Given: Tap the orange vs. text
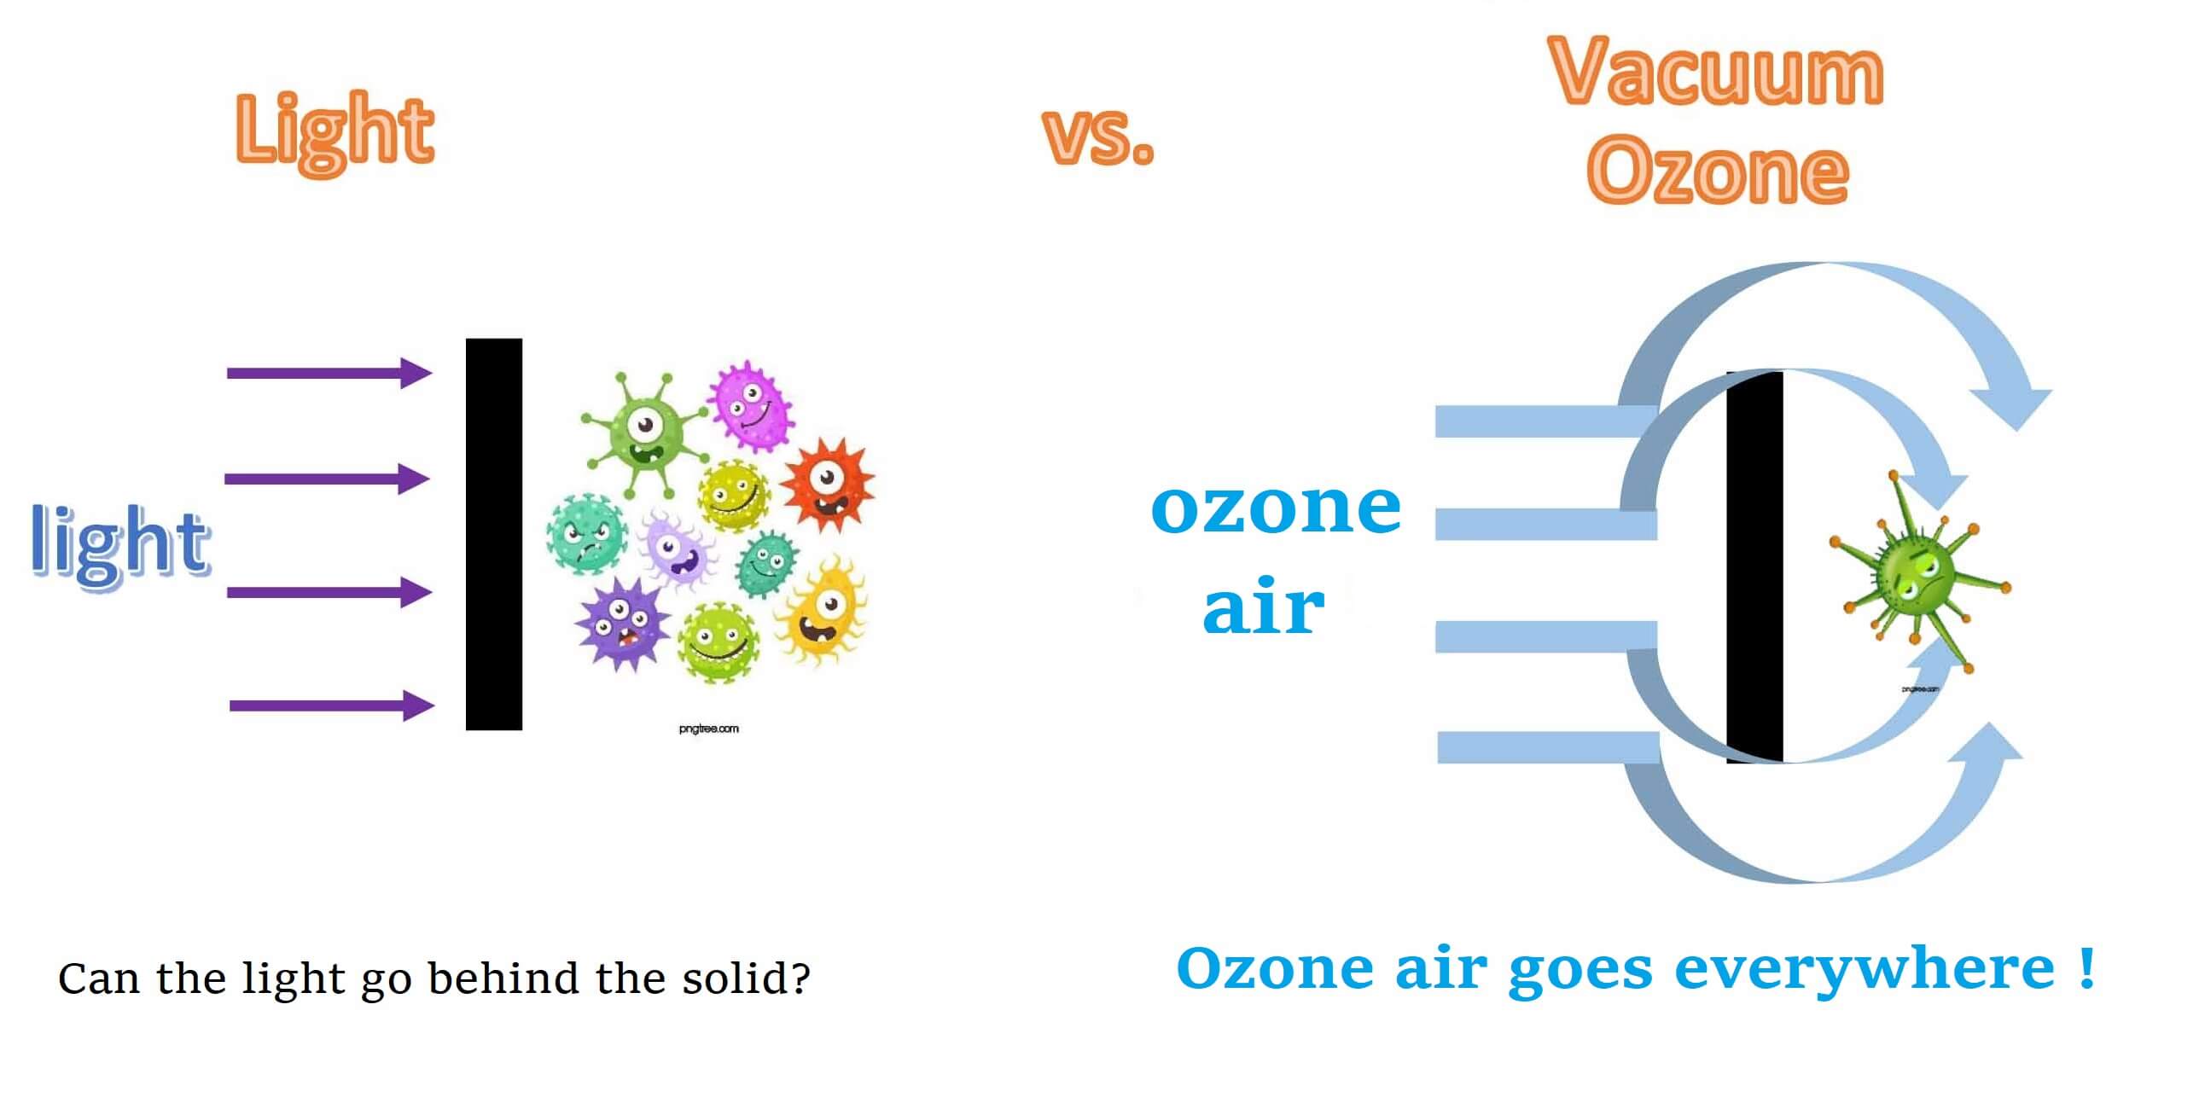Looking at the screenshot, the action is click(1099, 136).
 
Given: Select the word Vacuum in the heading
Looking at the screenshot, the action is click(1716, 72).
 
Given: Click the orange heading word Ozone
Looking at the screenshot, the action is click(1718, 171).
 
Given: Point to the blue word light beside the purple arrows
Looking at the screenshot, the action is click(119, 545).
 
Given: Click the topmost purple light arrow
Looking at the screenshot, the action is click(329, 373).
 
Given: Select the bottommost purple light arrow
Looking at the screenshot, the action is click(332, 706).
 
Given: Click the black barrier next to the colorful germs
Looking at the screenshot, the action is click(494, 534).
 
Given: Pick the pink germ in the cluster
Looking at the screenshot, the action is click(751, 405).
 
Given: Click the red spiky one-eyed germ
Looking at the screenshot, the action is click(828, 484).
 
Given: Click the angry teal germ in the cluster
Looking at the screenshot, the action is click(587, 533).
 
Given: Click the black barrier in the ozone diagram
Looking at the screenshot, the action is click(1754, 566).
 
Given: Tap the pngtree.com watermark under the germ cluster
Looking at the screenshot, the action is click(709, 729).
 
